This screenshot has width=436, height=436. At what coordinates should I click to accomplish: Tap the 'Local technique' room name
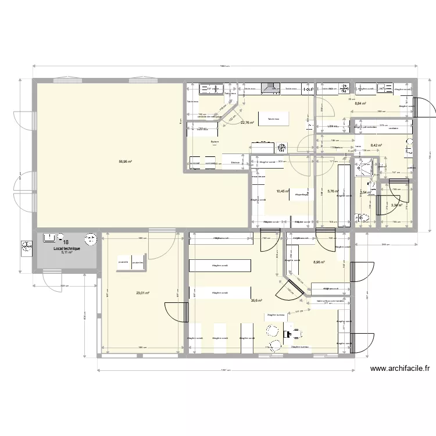67,248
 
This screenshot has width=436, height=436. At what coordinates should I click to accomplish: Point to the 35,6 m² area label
256,301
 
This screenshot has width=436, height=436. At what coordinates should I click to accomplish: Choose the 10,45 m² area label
283,190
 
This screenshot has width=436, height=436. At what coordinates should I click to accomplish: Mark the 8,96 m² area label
319,262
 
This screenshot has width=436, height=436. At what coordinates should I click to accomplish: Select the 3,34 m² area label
397,205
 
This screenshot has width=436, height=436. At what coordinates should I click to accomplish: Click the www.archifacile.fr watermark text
399,368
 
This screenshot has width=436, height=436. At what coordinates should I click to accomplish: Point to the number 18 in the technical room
66,242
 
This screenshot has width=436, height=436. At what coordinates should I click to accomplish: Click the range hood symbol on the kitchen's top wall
269,88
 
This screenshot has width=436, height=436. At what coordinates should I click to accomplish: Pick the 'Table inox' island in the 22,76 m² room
273,119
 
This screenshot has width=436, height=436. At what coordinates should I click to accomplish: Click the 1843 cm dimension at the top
224,66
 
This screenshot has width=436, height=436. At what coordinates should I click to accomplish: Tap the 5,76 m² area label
333,190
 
